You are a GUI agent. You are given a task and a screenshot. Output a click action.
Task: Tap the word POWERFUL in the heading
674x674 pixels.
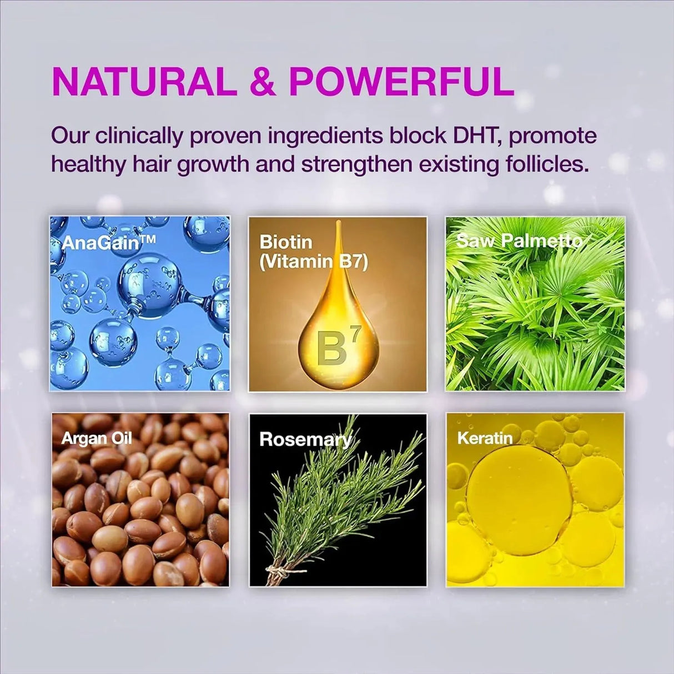401,83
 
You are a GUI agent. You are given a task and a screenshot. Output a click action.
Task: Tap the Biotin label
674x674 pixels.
285,242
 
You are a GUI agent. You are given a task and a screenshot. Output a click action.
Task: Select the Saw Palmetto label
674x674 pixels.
519,241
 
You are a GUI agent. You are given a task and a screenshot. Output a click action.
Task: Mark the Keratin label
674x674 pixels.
485,438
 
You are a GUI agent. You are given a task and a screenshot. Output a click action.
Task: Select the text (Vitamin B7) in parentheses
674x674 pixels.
314,262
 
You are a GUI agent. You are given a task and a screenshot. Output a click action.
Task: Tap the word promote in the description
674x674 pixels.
552,137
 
